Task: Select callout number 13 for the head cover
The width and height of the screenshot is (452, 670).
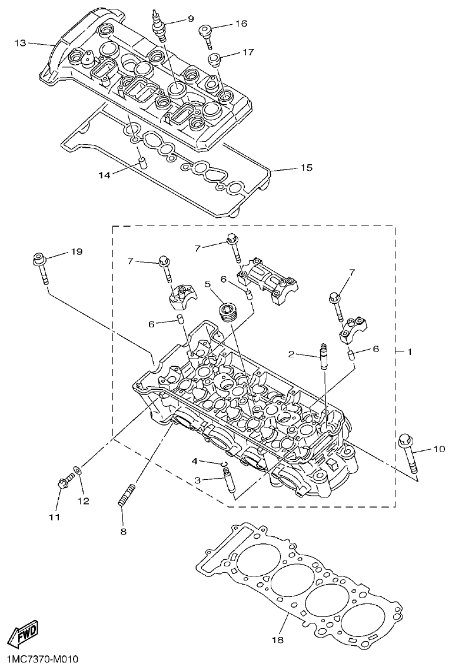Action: tap(21, 43)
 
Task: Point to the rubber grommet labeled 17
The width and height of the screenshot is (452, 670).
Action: tap(215, 61)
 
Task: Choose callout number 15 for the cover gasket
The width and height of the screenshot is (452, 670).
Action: tap(306, 168)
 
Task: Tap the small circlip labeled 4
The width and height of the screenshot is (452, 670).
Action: tap(224, 465)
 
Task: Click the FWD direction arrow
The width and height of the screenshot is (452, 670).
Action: tap(23, 635)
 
